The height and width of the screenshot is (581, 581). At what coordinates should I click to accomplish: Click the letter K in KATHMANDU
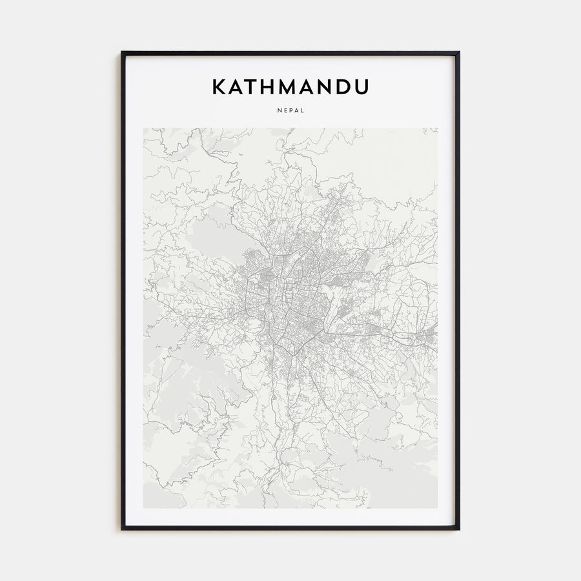(219, 87)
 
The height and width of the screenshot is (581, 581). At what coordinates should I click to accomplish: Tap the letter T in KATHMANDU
(255, 87)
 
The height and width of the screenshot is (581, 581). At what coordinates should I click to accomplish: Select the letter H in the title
(273, 87)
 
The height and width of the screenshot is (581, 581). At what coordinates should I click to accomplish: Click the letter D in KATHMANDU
(348, 87)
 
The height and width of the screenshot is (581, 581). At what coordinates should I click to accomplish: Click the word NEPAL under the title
(290, 110)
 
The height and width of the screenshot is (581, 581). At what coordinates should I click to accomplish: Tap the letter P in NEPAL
(290, 110)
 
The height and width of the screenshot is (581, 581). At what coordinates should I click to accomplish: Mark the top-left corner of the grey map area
(144, 128)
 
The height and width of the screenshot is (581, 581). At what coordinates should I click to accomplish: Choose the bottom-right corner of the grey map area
(437, 507)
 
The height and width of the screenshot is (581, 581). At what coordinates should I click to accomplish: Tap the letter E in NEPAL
(285, 110)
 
